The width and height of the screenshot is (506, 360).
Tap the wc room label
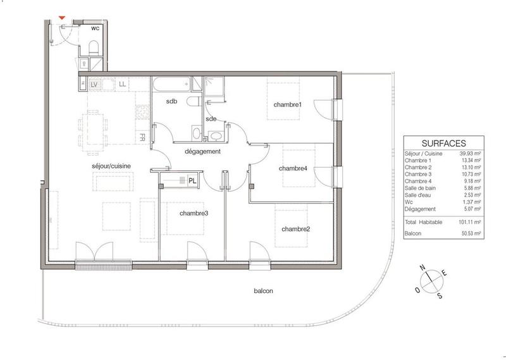[x=95, y=28]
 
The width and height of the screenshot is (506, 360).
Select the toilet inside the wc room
[x=94, y=47]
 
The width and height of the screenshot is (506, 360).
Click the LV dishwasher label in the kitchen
[x=94, y=84]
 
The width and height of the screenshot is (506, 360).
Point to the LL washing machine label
[x=122, y=84]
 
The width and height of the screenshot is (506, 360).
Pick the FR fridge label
[x=143, y=137]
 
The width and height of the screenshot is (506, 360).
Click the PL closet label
[x=192, y=181]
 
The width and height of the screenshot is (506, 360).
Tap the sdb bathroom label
[x=171, y=101]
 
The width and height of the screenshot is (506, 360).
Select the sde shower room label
[x=211, y=118]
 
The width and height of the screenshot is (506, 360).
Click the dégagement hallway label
[x=202, y=152]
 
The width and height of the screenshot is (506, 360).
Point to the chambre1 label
[x=288, y=104]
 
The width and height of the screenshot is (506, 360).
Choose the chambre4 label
[x=293, y=168]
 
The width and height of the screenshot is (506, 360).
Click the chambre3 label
[x=194, y=214]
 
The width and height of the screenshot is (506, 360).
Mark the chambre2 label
[x=295, y=228]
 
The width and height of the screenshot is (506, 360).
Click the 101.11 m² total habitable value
[x=470, y=223]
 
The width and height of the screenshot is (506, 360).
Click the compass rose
[x=432, y=281]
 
